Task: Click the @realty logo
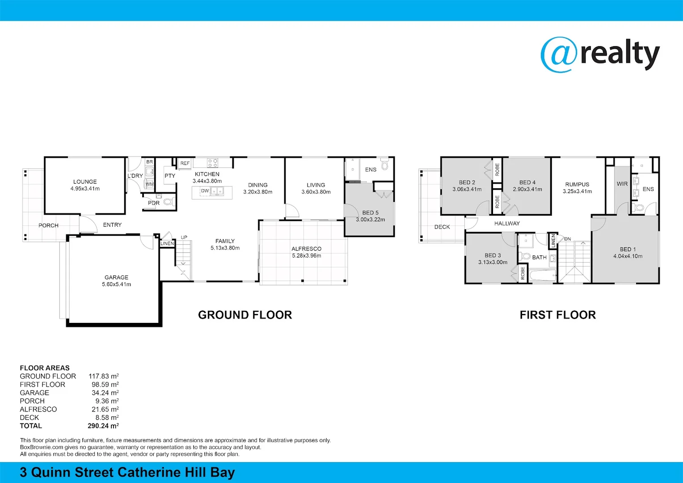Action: tap(600, 55)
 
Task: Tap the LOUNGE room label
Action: tap(85, 182)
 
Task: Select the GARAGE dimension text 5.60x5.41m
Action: tap(116, 284)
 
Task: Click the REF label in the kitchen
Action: tap(185, 164)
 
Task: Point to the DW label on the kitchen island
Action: tap(205, 191)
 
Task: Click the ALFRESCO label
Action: tap(306, 249)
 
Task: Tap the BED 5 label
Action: tap(370, 213)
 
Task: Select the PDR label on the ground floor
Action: tap(154, 203)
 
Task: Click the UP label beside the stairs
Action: tap(184, 237)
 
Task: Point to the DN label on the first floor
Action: tap(567, 239)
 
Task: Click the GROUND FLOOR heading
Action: tap(245, 315)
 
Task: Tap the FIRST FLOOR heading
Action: tap(557, 315)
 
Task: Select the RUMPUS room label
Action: tap(577, 184)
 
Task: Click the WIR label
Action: tap(622, 184)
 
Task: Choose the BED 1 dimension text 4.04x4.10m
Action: tap(628, 256)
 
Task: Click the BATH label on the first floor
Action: tap(539, 258)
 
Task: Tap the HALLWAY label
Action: tap(507, 224)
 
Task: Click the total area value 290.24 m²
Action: tap(103, 426)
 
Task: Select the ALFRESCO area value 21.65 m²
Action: tap(105, 409)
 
